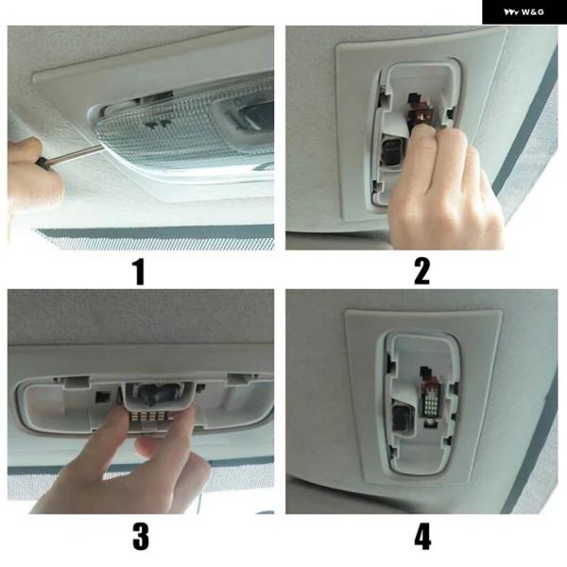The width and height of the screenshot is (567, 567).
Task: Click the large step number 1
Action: point(139,271)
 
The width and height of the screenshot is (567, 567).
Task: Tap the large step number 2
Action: point(422,271)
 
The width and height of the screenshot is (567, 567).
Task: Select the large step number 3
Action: point(141,537)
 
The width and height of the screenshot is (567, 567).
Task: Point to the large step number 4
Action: point(422,537)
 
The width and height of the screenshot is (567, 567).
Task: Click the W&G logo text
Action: point(524,12)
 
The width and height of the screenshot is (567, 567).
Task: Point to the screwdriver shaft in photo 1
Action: point(77,154)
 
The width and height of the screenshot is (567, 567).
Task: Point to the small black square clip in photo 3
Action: point(103,397)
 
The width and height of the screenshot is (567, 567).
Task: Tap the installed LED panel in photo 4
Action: point(434,404)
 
